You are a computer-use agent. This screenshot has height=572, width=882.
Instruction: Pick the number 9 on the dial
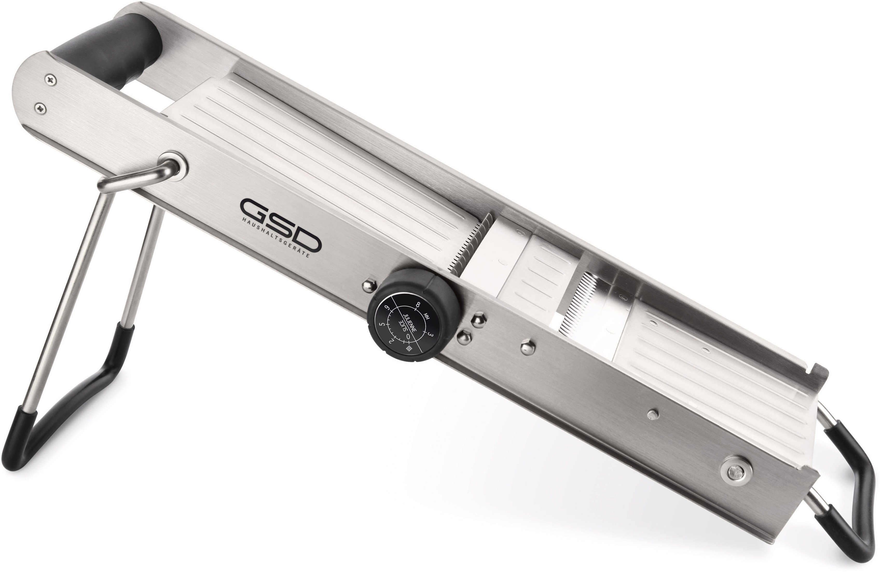click(387, 307)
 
